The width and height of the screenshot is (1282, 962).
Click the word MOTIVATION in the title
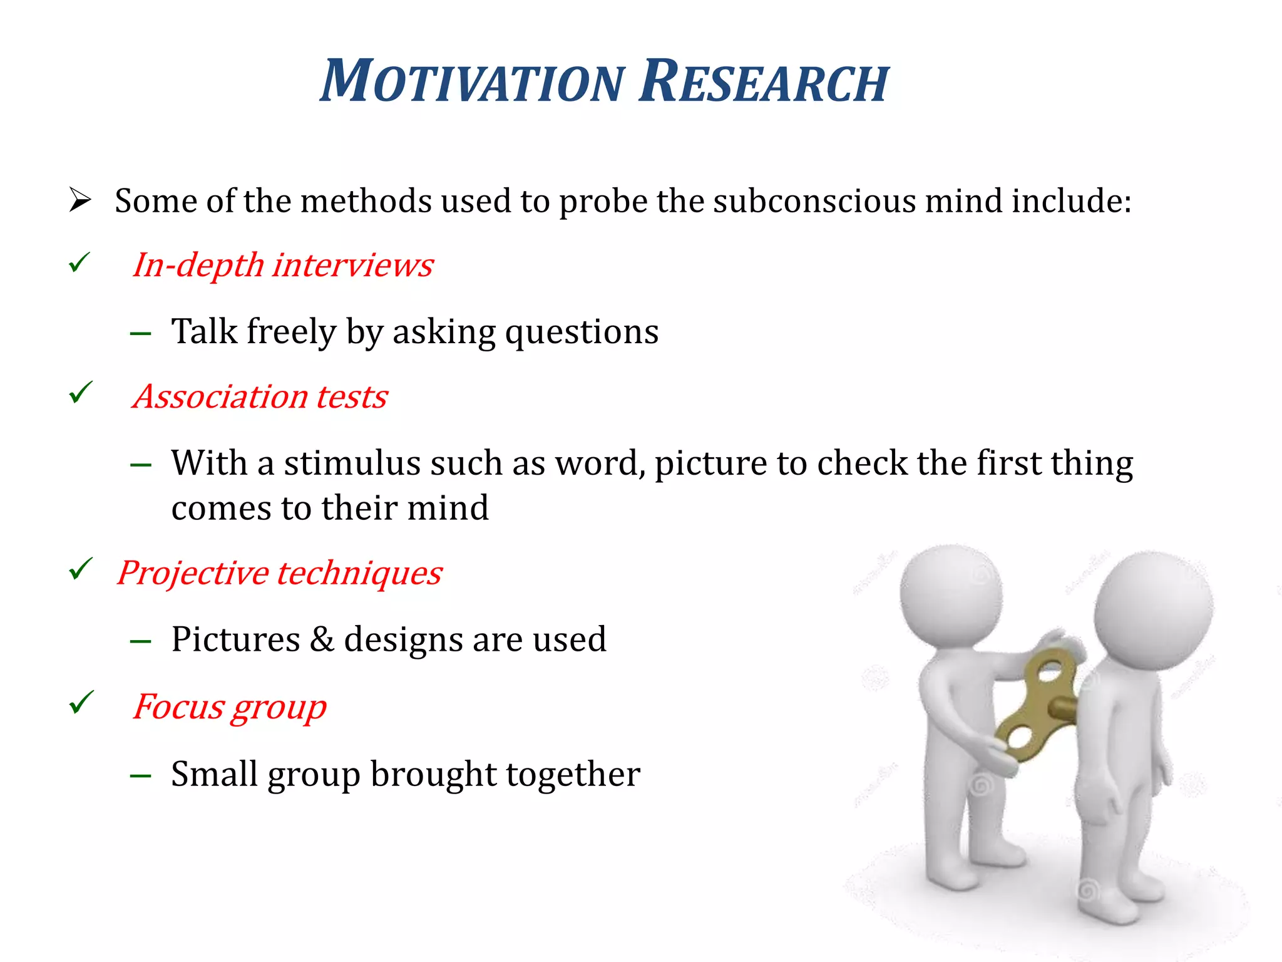coord(473,81)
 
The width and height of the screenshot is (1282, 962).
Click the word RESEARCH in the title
coord(764,81)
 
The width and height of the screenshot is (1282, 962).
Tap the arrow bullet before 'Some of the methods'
coord(80,200)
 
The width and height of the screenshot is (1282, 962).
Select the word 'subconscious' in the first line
coord(814,202)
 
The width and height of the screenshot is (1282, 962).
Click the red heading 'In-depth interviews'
coord(283,266)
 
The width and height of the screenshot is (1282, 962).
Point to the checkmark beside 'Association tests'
coord(81,393)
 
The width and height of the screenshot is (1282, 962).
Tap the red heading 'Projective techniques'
coord(280,573)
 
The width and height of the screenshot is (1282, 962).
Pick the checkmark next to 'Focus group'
coord(81,703)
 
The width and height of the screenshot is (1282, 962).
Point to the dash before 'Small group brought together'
coord(141,776)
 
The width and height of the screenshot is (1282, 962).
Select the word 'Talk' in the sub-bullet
coord(204,332)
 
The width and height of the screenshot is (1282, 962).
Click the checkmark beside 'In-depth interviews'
coord(80,263)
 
